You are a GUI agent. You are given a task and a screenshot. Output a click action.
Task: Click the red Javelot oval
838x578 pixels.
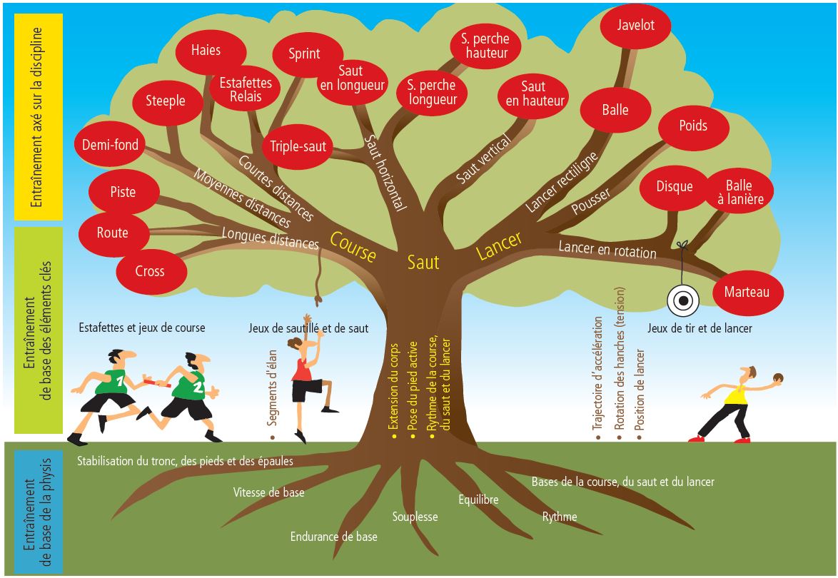click(x=636, y=26)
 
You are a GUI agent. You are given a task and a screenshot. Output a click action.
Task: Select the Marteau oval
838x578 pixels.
click(x=747, y=293)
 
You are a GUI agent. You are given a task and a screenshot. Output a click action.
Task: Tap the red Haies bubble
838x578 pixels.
click(x=206, y=51)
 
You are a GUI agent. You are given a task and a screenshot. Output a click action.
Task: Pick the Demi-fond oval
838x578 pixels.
click(x=111, y=145)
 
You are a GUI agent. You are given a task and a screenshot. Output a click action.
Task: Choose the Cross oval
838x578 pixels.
click(x=150, y=271)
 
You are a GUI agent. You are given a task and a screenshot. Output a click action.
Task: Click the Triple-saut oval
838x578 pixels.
click(x=298, y=147)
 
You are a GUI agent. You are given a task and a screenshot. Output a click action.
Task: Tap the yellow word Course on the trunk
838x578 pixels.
click(x=353, y=245)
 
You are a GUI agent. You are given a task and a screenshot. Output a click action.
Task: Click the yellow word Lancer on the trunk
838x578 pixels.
click(x=499, y=245)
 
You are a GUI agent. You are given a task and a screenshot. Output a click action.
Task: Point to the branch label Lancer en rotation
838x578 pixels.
click(x=607, y=248)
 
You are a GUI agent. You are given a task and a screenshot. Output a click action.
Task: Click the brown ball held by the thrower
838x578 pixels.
click(x=779, y=377)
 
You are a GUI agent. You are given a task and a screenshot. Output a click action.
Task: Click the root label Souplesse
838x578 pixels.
click(x=415, y=517)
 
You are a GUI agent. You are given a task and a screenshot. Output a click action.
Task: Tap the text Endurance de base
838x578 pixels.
click(x=333, y=537)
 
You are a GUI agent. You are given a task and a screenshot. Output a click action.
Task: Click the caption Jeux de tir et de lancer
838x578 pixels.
click(x=700, y=329)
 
